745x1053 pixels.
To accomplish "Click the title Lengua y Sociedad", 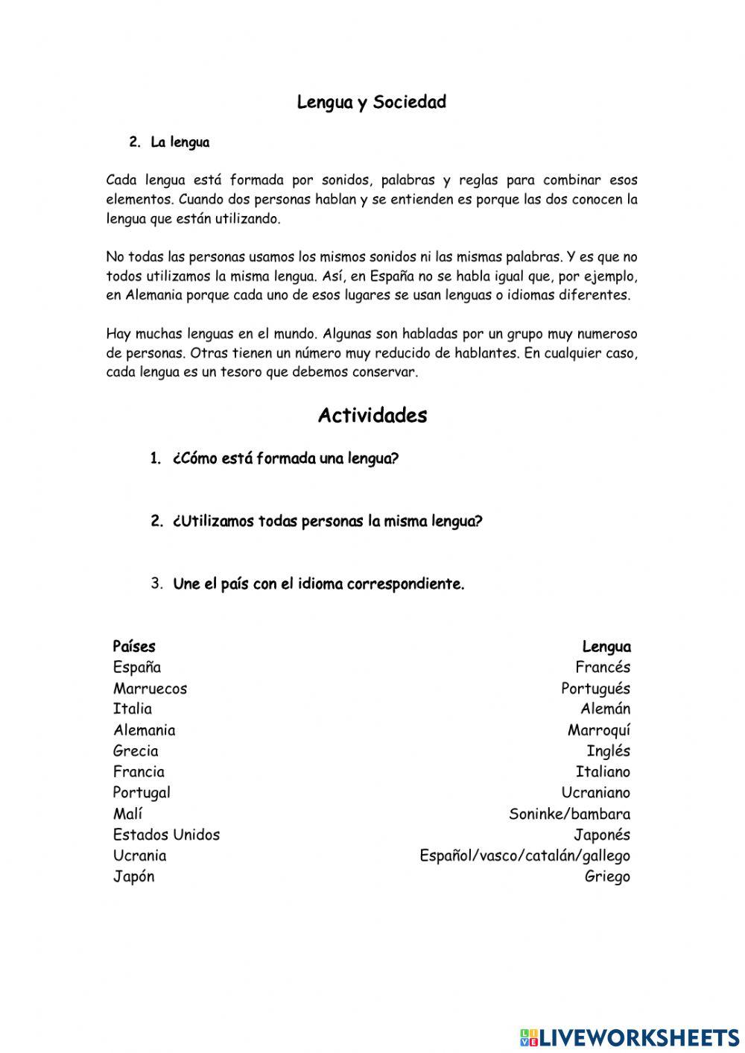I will [371, 102].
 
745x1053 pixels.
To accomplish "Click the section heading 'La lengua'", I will [180, 142].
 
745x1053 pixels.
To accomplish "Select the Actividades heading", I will [372, 415].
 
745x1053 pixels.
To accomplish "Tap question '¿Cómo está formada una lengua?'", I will [285, 458].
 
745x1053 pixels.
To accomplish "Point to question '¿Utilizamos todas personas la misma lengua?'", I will [327, 521].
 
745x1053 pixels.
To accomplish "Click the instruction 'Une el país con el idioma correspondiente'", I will [318, 584].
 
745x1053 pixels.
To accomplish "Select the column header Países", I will [134, 646].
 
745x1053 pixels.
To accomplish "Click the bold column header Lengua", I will [606, 646].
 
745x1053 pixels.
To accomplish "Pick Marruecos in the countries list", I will [150, 688].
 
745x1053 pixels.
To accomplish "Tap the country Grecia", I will [136, 750].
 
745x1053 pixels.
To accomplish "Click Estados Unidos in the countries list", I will [166, 834].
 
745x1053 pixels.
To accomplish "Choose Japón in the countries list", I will [133, 876].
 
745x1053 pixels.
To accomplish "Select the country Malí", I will [127, 813].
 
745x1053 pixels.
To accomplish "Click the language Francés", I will [602, 667].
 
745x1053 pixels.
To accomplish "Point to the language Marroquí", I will [598, 730].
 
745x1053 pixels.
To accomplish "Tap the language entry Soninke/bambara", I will [569, 813].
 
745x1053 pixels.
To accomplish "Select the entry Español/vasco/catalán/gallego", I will [524, 855].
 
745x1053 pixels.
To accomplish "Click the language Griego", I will [606, 876].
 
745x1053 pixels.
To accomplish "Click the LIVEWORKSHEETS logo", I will [629, 1037].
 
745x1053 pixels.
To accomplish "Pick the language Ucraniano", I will [595, 792].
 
